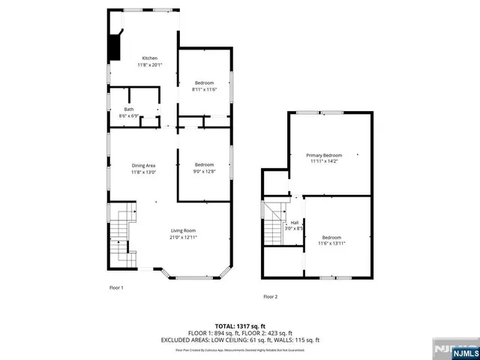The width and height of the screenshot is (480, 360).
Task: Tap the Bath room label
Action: pos(129,109)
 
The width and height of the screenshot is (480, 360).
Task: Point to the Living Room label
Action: pos(183,230)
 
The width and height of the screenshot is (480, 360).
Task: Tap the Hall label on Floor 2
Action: pos(295,222)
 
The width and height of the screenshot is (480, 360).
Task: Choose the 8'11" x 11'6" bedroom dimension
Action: pos(205,89)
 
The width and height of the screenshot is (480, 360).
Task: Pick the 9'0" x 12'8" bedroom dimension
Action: pos(205,172)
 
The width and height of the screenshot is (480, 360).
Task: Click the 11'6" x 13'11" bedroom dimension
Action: pos(331,243)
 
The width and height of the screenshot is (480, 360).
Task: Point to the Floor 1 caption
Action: pos(116,287)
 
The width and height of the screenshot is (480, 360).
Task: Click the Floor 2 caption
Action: pos(270,297)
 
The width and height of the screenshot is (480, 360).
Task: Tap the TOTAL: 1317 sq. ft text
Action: pos(240,325)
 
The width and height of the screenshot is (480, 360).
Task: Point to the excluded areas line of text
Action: pos(240,340)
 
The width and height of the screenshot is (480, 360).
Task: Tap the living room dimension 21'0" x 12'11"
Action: pos(183,238)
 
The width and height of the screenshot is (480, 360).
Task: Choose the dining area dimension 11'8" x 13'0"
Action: pos(144,172)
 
